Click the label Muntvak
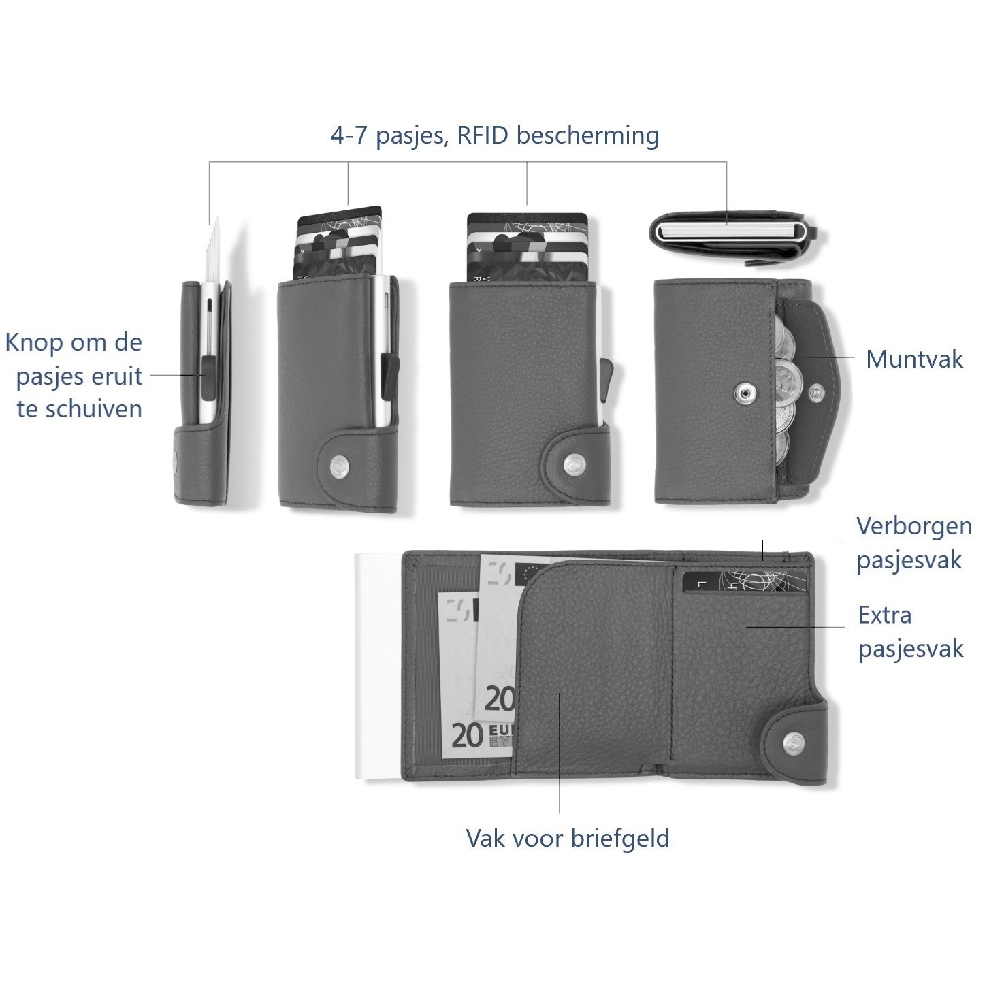tap(914, 359)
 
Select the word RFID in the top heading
tap(483, 135)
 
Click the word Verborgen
tap(914, 527)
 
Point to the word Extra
tap(885, 615)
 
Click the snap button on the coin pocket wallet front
tap(745, 393)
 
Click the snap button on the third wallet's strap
tap(572, 464)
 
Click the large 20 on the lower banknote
tap(466, 737)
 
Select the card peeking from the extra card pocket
tap(744, 583)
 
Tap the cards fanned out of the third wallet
tap(527, 248)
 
